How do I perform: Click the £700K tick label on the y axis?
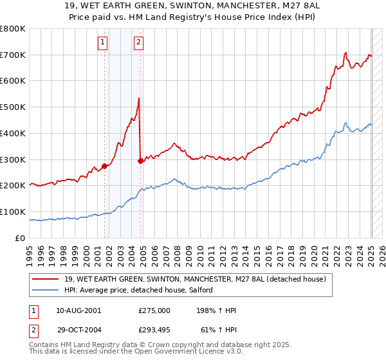point(13,55)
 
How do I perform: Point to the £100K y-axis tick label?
point(13,212)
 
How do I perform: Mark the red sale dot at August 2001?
point(104,166)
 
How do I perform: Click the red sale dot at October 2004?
point(141,161)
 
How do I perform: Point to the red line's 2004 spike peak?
point(140,98)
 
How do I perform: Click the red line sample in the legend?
point(46,279)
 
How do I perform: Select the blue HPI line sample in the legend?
point(46,290)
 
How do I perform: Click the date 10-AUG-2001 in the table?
point(78,310)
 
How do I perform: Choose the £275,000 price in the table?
point(154,310)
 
